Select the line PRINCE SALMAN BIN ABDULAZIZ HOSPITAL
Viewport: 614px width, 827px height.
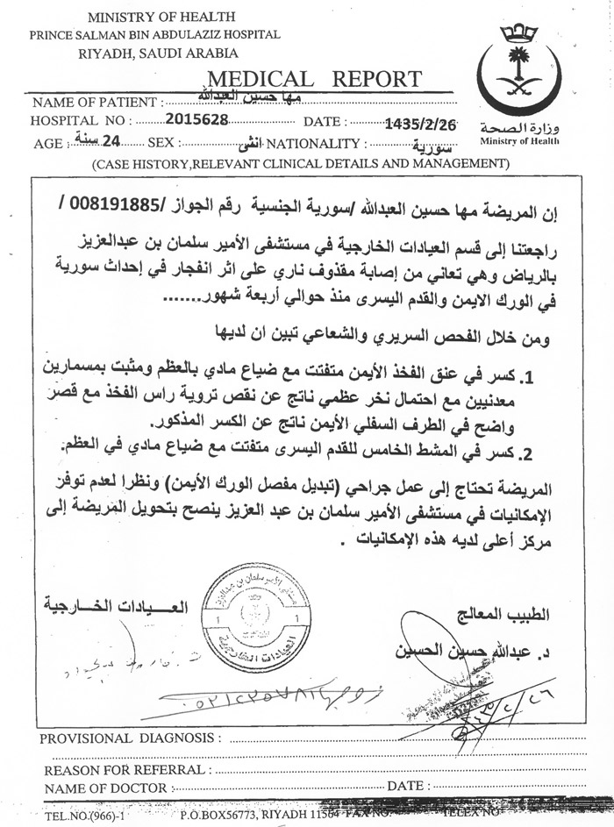[x=154, y=34]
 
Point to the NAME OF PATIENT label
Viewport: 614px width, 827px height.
[x=96, y=102]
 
